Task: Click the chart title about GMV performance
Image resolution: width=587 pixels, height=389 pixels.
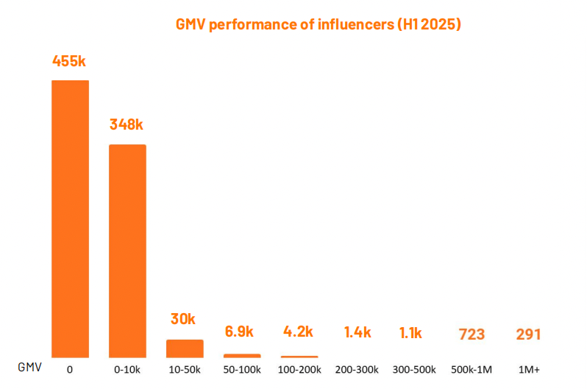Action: [x=318, y=24]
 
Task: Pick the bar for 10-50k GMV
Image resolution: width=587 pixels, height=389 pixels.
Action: [x=185, y=348]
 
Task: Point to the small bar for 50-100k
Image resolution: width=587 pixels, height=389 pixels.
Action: [x=242, y=356]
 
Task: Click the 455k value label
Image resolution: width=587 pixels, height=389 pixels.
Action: [x=70, y=61]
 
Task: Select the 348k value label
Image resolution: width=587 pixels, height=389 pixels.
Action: [x=127, y=125]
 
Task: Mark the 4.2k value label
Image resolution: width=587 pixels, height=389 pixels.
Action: [x=299, y=332]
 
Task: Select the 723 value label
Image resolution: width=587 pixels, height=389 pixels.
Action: [x=471, y=334]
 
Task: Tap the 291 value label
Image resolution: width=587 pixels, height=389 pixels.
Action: [x=528, y=334]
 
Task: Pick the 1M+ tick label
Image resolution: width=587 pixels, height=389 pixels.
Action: [x=529, y=368]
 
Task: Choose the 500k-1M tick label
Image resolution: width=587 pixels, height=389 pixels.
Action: [x=472, y=368]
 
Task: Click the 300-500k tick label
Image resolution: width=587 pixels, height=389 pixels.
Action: [x=413, y=368]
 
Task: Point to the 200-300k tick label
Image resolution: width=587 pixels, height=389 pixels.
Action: [x=357, y=368]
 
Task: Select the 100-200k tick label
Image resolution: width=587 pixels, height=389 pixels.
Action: [x=299, y=368]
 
